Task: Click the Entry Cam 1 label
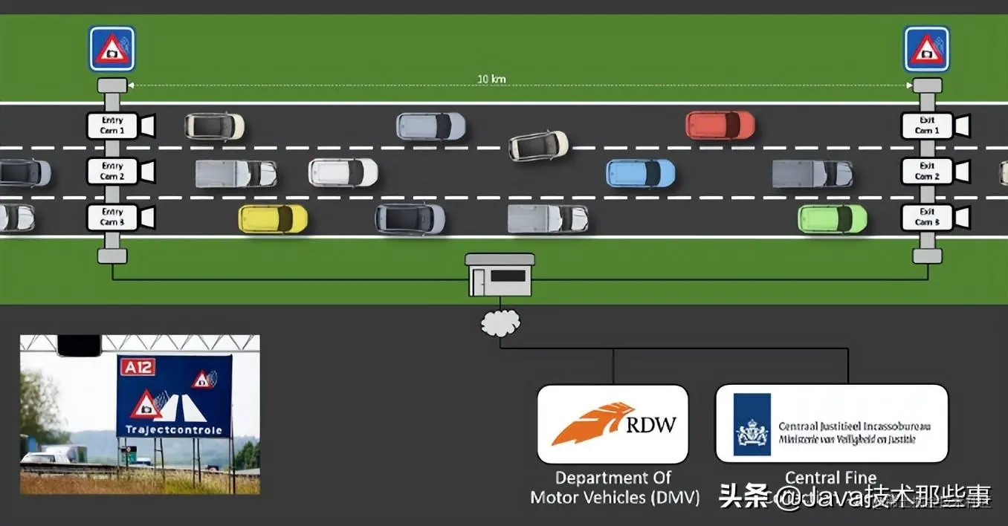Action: tap(112, 126)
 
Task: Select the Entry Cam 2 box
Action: tap(112, 172)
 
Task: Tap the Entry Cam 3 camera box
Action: tap(112, 218)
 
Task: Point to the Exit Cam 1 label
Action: tap(926, 126)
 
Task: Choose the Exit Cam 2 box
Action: tap(926, 172)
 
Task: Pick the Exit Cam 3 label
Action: tap(926, 218)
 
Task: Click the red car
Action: tap(720, 126)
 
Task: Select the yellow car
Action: tap(273, 218)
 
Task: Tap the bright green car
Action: tap(833, 218)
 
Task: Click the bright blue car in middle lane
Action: tap(641, 173)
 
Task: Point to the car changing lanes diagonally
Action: tap(538, 145)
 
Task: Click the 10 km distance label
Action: tap(492, 79)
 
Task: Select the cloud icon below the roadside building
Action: tap(500, 322)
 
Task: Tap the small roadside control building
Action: tap(500, 274)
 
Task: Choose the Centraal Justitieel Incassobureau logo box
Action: tap(831, 423)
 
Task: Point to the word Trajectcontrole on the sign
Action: tap(173, 429)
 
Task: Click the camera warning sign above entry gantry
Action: tap(112, 49)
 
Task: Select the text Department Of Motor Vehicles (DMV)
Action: tap(614, 487)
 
